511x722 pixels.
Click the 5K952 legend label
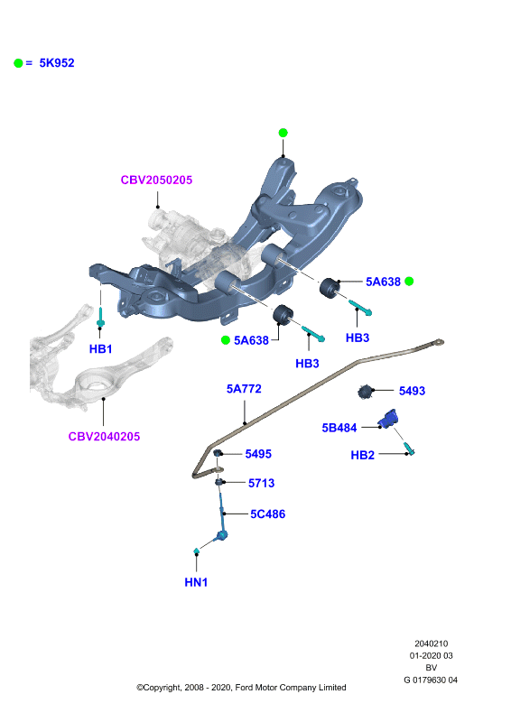click(57, 63)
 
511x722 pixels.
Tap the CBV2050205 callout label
click(156, 180)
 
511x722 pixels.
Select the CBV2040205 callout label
click(104, 437)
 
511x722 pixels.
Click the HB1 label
click(100, 349)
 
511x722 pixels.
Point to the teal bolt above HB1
click(100, 317)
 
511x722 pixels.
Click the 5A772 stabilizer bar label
click(244, 389)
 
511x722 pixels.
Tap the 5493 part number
click(412, 391)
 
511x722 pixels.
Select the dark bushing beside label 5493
click(365, 392)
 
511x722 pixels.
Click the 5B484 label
click(339, 428)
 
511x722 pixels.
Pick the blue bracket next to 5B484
click(388, 419)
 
